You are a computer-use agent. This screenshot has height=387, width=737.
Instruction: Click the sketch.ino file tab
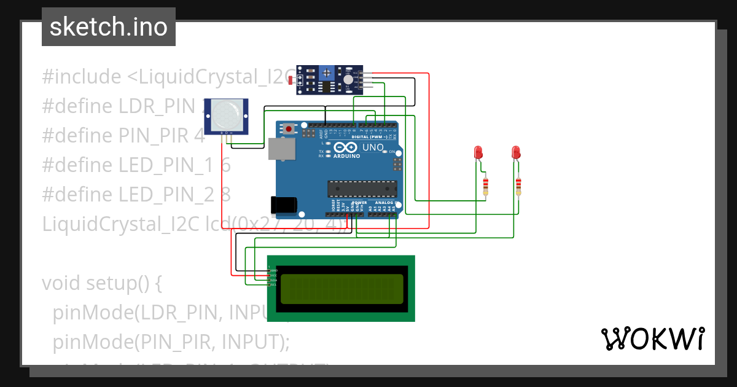pyautogui.click(x=109, y=27)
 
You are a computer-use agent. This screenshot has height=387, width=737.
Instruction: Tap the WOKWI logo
pyautogui.click(x=652, y=338)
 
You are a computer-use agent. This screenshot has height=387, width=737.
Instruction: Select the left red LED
pyautogui.click(x=478, y=152)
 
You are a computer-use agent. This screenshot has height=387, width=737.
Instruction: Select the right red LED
pyautogui.click(x=516, y=152)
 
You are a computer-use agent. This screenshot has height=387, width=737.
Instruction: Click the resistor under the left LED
pyautogui.click(x=486, y=185)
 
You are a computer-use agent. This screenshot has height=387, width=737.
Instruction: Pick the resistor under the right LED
pyautogui.click(x=519, y=185)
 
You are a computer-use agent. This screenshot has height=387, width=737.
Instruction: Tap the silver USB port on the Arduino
pyautogui.click(x=281, y=149)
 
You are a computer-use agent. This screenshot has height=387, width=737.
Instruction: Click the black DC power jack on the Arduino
pyautogui.click(x=284, y=205)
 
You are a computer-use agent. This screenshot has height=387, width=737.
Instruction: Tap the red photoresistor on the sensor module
pyautogui.click(x=291, y=80)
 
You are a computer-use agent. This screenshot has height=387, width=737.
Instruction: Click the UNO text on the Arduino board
pyautogui.click(x=373, y=148)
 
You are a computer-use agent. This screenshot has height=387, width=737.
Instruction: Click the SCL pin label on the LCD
pyautogui.click(x=273, y=285)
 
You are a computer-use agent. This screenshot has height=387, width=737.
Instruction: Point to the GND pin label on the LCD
pyautogui.click(x=273, y=270)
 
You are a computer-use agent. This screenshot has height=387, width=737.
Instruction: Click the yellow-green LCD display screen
pyautogui.click(x=341, y=289)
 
